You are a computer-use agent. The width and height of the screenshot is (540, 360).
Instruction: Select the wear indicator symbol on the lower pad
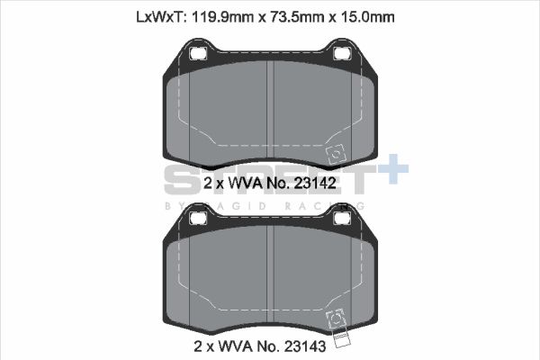339,319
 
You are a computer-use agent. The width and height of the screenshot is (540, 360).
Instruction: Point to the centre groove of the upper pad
271,112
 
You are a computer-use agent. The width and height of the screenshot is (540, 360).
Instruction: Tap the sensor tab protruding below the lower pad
340,340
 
